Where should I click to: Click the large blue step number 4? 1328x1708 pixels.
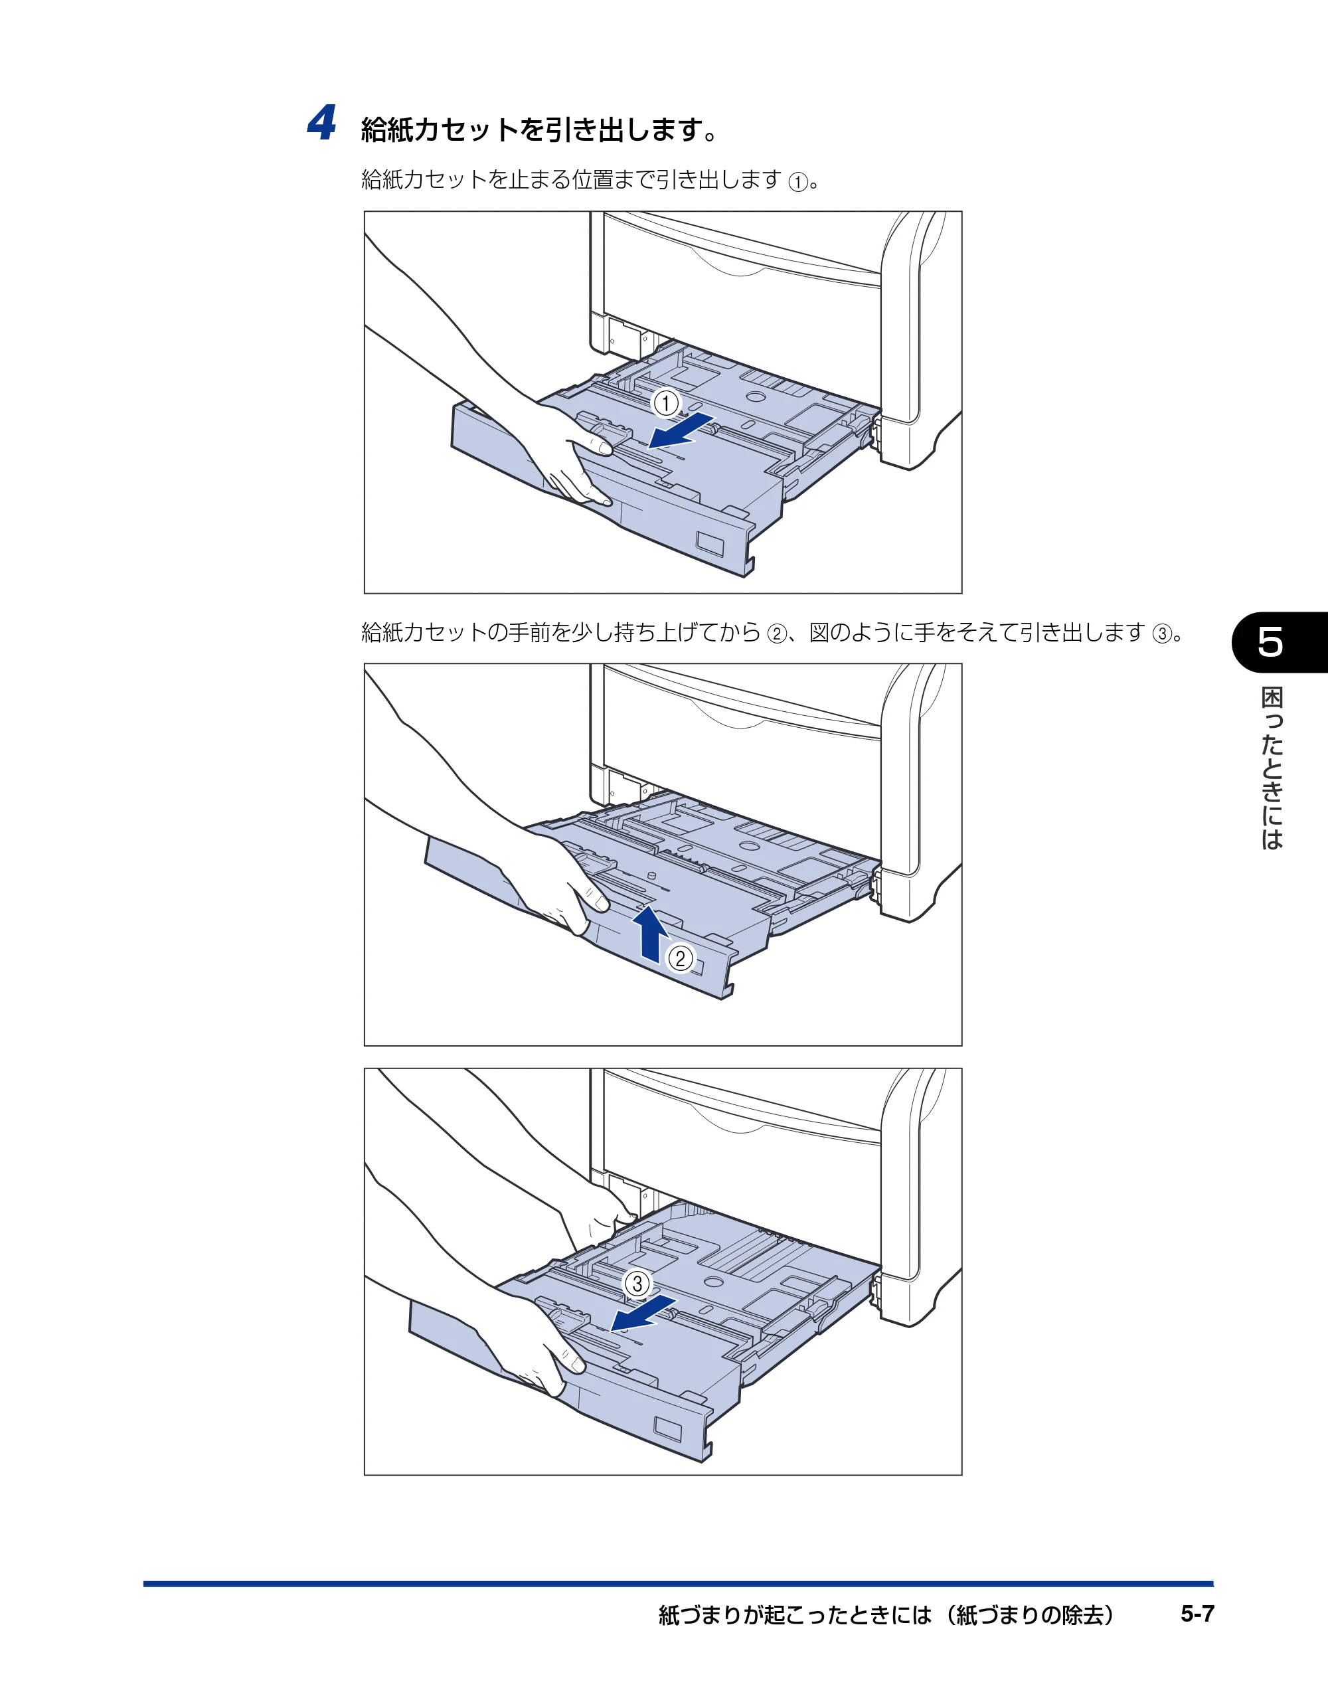[321, 123]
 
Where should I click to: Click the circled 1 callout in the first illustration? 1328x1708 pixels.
[667, 404]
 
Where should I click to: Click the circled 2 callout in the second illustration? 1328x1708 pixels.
[681, 958]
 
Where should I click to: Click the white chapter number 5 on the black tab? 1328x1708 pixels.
[1270, 642]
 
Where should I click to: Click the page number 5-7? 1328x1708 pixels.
[1197, 1614]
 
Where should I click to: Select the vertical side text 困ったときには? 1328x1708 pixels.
[1272, 768]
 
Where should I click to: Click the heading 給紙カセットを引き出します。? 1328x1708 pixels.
[540, 129]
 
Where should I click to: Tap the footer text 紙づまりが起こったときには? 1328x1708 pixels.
[795, 1614]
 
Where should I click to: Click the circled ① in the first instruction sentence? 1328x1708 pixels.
[797, 182]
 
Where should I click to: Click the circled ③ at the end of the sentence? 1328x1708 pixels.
[1162, 633]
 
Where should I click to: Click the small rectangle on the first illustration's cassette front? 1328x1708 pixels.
[711, 545]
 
